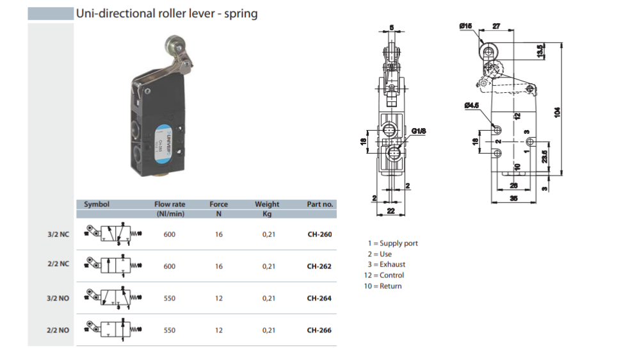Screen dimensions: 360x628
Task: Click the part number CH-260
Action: point(319,234)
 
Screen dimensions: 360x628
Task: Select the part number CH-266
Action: point(319,331)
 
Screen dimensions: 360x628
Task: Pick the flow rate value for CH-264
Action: point(169,299)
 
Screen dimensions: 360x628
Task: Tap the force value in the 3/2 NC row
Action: point(219,234)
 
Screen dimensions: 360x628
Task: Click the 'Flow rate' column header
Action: point(170,205)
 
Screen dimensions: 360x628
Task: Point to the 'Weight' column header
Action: point(267,205)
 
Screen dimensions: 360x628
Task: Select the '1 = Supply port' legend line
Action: point(392,243)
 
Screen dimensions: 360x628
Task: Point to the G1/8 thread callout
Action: point(419,131)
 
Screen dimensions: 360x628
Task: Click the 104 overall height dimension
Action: point(558,111)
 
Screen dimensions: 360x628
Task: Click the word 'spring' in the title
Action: point(242,13)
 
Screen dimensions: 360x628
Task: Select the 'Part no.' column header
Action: point(319,205)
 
